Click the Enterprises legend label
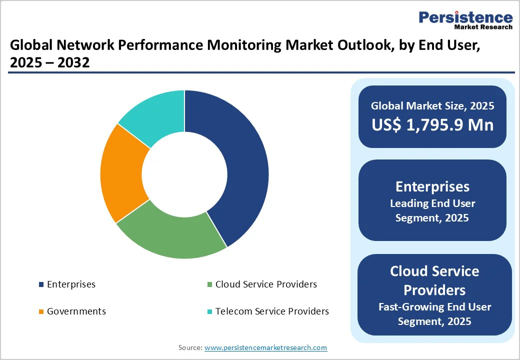click(71, 284)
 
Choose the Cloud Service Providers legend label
click(266, 284)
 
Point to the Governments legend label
click(76, 311)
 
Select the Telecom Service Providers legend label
click(272, 311)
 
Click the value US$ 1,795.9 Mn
click(432, 124)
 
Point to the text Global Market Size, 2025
click(432, 106)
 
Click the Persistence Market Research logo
click(465, 20)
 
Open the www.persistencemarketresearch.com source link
click(265, 347)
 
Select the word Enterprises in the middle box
click(432, 186)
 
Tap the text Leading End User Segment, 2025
click(432, 210)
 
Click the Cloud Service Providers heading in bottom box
click(434, 280)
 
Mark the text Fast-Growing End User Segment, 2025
click(434, 314)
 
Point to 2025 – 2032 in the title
click(49, 63)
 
